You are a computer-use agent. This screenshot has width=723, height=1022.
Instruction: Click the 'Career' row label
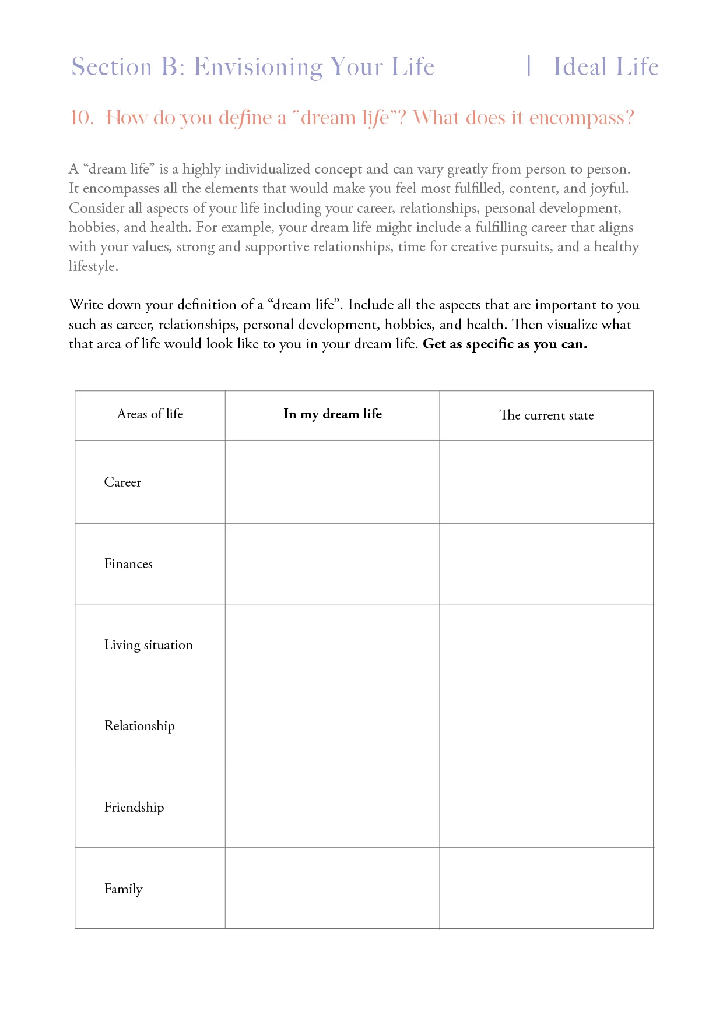point(122,482)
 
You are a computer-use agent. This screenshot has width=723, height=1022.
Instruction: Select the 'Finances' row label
point(128,564)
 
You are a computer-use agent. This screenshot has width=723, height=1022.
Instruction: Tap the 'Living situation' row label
point(148,645)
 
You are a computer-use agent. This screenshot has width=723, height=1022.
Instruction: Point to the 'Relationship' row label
point(139,726)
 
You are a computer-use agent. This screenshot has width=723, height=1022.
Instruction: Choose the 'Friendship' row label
point(134,808)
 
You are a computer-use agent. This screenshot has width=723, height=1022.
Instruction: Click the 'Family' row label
point(123,889)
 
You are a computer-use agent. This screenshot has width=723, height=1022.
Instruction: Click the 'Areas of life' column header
point(150,414)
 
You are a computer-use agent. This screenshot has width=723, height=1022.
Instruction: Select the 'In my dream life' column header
point(332,414)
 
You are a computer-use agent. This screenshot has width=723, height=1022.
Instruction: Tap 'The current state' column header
point(546,415)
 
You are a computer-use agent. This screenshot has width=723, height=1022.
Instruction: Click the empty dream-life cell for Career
point(332,482)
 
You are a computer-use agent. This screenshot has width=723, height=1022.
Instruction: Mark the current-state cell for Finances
point(546,564)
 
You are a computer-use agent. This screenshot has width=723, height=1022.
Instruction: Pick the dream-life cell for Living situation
point(332,645)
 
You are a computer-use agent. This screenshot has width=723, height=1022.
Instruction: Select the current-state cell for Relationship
point(546,726)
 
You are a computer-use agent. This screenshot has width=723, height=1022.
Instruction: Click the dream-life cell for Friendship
point(332,808)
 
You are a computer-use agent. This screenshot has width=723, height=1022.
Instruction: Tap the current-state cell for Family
point(546,889)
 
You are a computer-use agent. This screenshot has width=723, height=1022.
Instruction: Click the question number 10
point(81,118)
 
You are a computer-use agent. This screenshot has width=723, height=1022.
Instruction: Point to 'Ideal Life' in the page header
point(606,67)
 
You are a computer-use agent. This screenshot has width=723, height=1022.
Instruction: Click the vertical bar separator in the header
point(528,66)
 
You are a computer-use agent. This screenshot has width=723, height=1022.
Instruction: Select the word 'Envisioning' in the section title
point(258,68)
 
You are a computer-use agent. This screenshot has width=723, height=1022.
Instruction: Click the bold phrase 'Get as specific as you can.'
point(505,344)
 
